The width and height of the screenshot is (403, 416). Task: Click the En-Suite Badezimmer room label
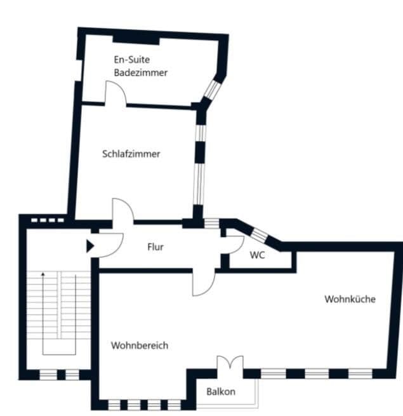[x=141, y=66]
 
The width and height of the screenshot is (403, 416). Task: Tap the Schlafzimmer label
[x=131, y=154]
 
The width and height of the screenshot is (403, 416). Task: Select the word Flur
[x=155, y=246]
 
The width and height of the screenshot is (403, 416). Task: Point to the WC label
[x=257, y=255]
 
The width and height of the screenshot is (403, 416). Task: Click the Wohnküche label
[x=350, y=299]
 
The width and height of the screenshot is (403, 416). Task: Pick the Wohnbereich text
[x=140, y=346]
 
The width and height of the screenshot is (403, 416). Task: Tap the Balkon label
[x=220, y=391]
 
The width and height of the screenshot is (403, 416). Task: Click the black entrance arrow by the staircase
[x=89, y=245]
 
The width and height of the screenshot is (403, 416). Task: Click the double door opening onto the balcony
[x=229, y=365]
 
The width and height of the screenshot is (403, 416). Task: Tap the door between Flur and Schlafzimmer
[x=122, y=211]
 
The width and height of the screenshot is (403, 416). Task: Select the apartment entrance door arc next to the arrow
[x=109, y=245]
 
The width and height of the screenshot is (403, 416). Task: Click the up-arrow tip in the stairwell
[x=43, y=273]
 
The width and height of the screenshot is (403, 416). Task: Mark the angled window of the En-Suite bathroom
[x=209, y=92]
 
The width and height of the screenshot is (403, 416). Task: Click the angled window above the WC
[x=259, y=234]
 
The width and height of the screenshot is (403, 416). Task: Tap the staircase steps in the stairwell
[x=59, y=305]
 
